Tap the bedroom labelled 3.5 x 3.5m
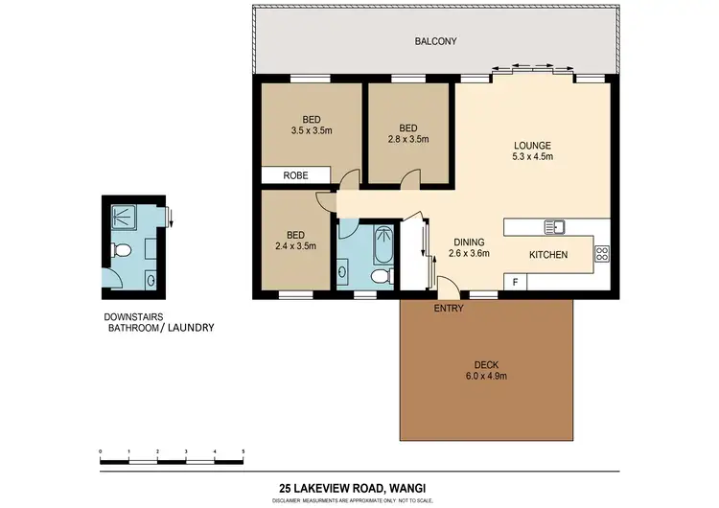coord(312,126)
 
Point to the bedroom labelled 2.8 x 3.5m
coord(408,133)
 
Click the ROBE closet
coord(296,175)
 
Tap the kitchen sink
coord(555,227)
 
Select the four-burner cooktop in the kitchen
coord(602,254)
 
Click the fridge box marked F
coord(516,282)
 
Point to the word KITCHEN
coord(548,255)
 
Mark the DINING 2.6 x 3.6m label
coord(470,248)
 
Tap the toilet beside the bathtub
coord(379,276)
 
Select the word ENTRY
coord(449,309)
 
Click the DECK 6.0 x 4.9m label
coord(486,370)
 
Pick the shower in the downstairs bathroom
coord(125,218)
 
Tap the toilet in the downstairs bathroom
coord(121,251)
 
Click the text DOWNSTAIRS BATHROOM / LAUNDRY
coord(158,323)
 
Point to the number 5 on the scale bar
coord(244,450)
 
